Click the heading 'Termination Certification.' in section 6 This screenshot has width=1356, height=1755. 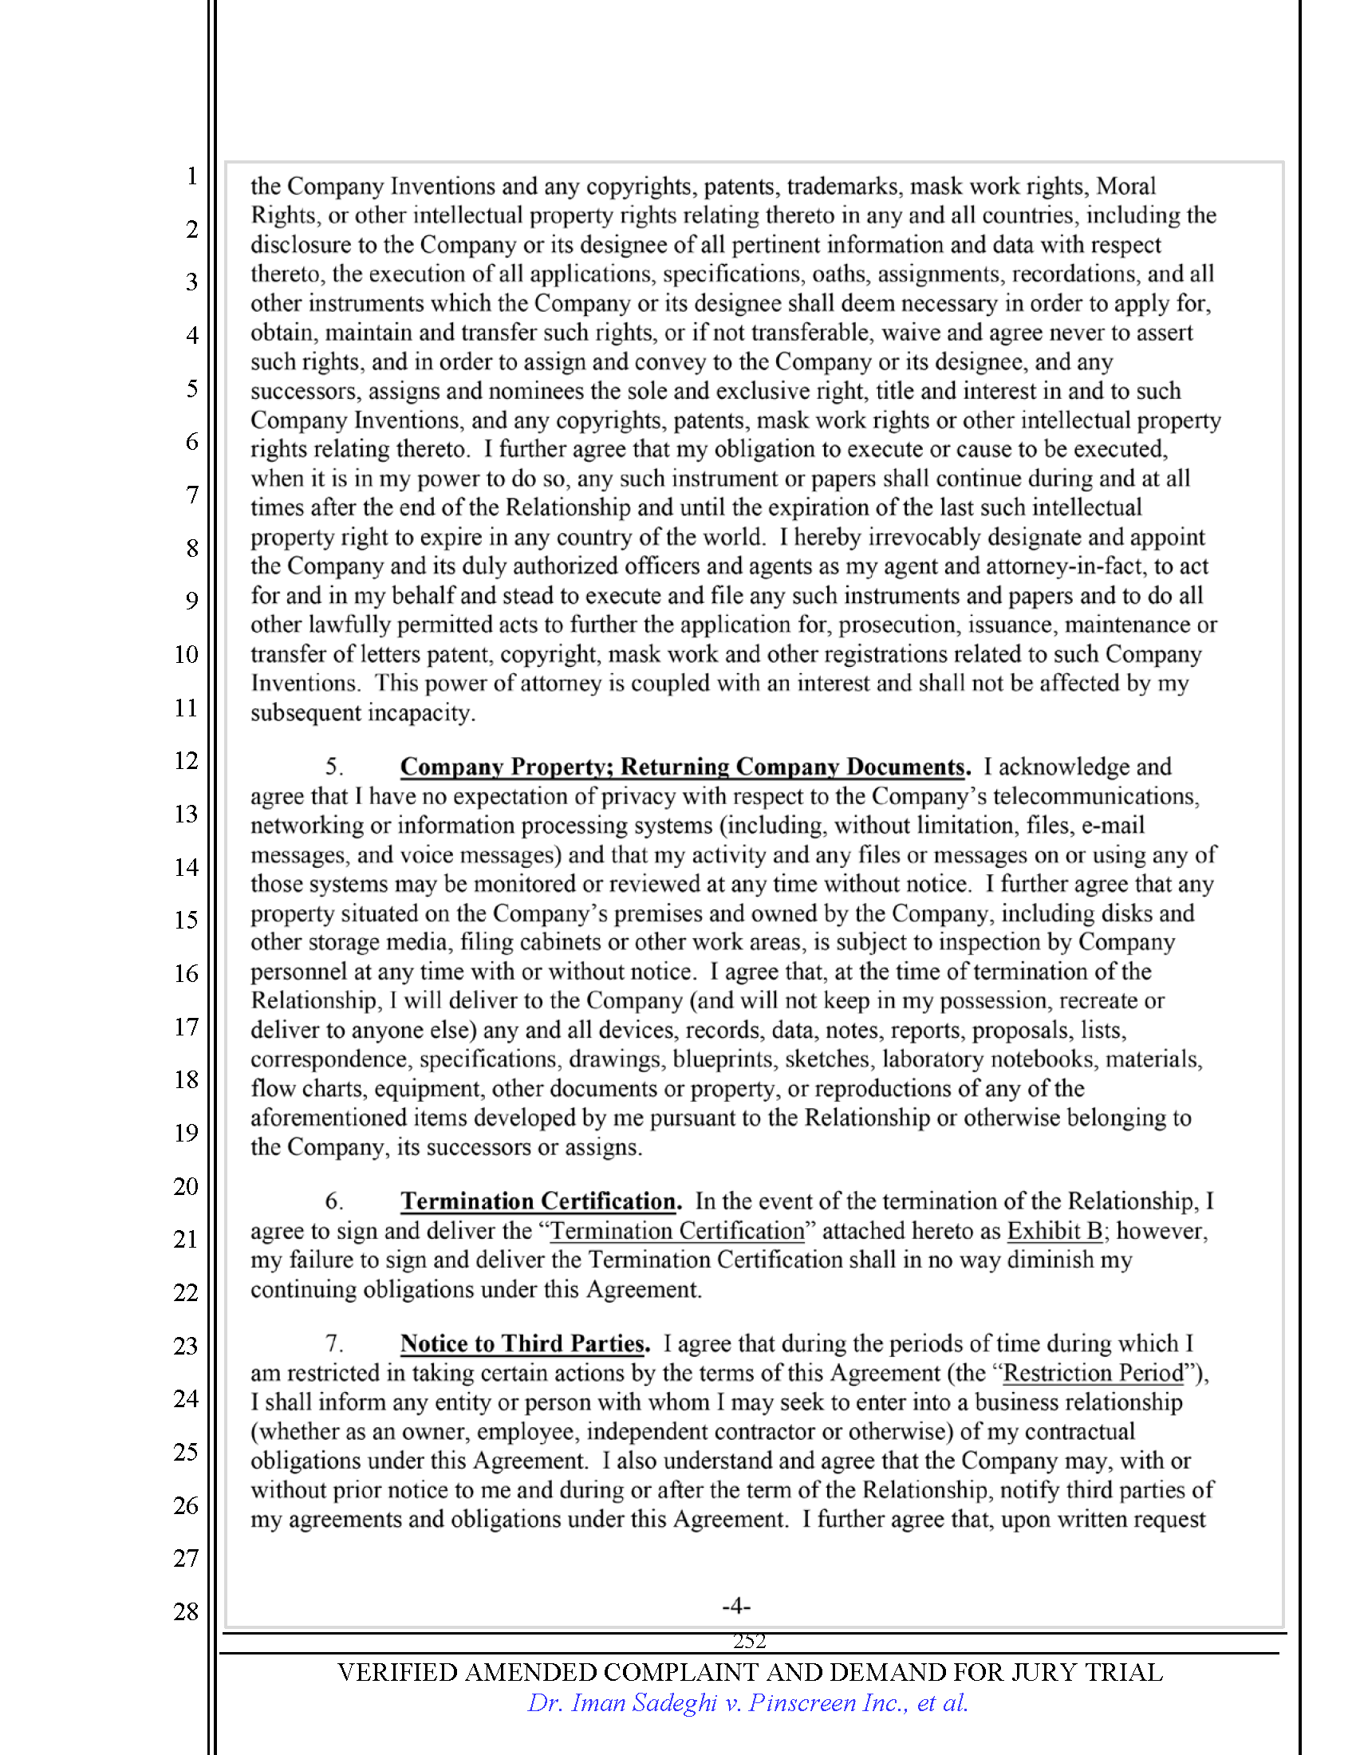(541, 1201)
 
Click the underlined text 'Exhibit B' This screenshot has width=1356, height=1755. (1054, 1231)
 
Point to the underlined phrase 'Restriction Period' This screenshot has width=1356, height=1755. (1094, 1374)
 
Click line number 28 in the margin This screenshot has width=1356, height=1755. (186, 1611)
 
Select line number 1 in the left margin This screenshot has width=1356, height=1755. (191, 175)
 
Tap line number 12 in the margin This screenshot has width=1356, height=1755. (186, 760)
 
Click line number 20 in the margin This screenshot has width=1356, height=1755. (186, 1186)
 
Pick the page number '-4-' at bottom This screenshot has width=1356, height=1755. (736, 1607)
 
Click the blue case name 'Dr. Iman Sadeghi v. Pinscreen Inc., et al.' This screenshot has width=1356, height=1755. (747, 1703)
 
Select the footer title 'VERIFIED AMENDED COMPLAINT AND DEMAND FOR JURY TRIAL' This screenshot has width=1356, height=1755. (749, 1672)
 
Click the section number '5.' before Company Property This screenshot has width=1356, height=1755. (334, 767)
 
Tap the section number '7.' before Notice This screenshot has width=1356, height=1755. (334, 1344)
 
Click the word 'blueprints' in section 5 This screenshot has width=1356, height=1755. (724, 1059)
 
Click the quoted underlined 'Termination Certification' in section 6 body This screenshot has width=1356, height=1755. (677, 1231)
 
